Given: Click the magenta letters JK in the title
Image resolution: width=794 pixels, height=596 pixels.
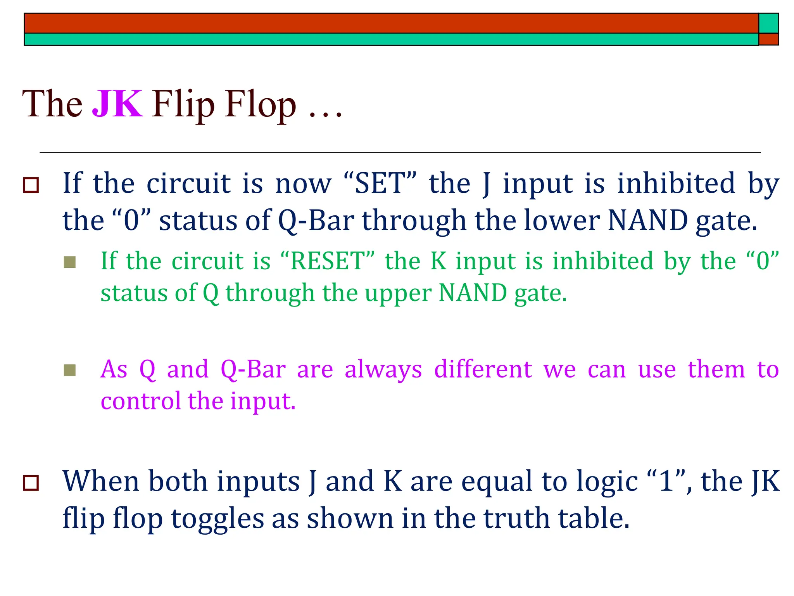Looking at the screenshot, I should click(x=117, y=104).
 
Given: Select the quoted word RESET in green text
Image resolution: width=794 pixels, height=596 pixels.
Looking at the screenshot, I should click(x=328, y=261).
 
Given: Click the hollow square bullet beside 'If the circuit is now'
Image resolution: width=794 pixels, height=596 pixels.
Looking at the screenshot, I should click(x=31, y=185).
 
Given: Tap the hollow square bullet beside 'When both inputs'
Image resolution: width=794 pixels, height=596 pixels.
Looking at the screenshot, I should click(x=31, y=483).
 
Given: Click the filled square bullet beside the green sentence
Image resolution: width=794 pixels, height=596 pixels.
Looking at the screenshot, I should click(x=70, y=262).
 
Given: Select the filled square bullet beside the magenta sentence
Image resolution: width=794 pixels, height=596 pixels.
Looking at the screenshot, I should click(x=70, y=371).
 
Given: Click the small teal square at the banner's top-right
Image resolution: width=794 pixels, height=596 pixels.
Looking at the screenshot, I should click(x=768, y=23).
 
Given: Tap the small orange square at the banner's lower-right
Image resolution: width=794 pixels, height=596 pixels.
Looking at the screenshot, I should click(x=768, y=39).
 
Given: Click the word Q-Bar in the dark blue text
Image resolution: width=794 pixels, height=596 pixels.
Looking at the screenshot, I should click(x=316, y=220).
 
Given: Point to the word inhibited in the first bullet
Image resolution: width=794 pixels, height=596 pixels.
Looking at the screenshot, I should click(x=676, y=183).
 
